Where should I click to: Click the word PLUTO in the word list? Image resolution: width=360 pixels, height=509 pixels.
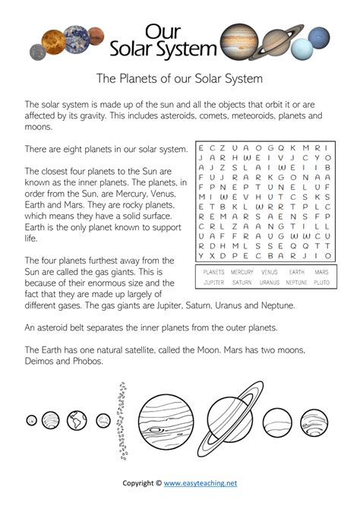[x=321, y=283]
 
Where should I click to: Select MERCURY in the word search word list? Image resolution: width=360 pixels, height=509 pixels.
[x=242, y=271]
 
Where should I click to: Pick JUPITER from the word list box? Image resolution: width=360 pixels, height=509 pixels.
[x=214, y=283]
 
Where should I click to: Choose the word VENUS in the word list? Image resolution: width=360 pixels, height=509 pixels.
[x=269, y=271]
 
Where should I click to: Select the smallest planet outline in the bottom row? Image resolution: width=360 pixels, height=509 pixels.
[x=31, y=419]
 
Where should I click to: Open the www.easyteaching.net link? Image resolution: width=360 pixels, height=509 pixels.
[x=201, y=482]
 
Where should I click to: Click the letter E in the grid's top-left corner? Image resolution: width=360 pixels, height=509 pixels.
[x=201, y=147]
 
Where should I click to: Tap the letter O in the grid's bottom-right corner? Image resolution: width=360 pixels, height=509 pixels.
[x=327, y=255]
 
